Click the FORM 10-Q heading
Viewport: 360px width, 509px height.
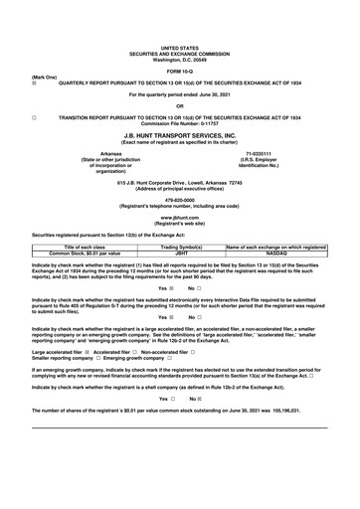click(179, 69)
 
